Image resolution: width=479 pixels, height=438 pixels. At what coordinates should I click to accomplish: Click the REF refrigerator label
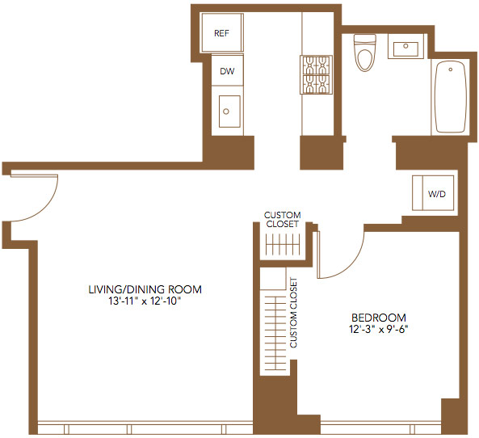221,33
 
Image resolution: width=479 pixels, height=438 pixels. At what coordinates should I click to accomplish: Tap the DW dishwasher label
227,71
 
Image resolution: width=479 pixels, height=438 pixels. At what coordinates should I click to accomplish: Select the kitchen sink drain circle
226,112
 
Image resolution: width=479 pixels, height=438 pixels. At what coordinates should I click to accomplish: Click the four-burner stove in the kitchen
316,75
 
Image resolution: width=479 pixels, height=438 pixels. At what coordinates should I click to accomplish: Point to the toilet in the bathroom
365,53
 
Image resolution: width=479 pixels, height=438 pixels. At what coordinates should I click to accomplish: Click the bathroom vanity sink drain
405,46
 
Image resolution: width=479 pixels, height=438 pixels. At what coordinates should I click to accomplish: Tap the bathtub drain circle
450,69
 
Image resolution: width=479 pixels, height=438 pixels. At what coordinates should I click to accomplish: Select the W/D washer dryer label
437,194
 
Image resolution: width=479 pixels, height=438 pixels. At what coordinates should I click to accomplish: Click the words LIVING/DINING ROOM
145,289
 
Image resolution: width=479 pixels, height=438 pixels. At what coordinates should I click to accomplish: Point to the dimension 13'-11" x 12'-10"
145,301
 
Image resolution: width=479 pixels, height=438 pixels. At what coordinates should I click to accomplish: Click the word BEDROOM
379,318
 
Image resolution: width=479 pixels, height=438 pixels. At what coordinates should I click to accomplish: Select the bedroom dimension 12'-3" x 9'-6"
379,329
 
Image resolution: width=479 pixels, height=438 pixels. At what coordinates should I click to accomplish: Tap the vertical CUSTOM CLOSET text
293,313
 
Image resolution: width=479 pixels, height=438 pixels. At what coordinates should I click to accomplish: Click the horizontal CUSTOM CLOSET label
282,220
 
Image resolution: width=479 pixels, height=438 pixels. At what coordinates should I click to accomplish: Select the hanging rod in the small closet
283,245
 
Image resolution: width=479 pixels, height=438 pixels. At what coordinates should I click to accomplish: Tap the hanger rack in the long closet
276,333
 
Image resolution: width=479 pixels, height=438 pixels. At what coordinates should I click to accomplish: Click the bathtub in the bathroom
451,97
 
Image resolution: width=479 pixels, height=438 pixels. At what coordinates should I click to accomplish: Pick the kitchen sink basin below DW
229,112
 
